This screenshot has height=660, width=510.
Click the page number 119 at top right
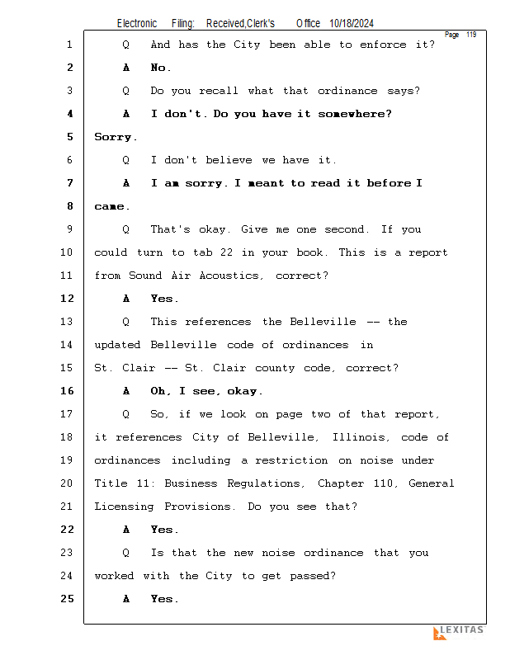[x=471, y=35]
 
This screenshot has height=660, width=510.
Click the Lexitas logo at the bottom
[x=459, y=632]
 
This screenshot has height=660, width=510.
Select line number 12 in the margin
[x=69, y=299]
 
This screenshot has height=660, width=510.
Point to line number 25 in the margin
[x=69, y=599]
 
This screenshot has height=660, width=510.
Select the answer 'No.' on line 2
[x=161, y=68]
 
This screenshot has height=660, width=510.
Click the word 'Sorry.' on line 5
[x=116, y=137]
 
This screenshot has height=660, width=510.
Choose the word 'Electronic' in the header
[x=137, y=24]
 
